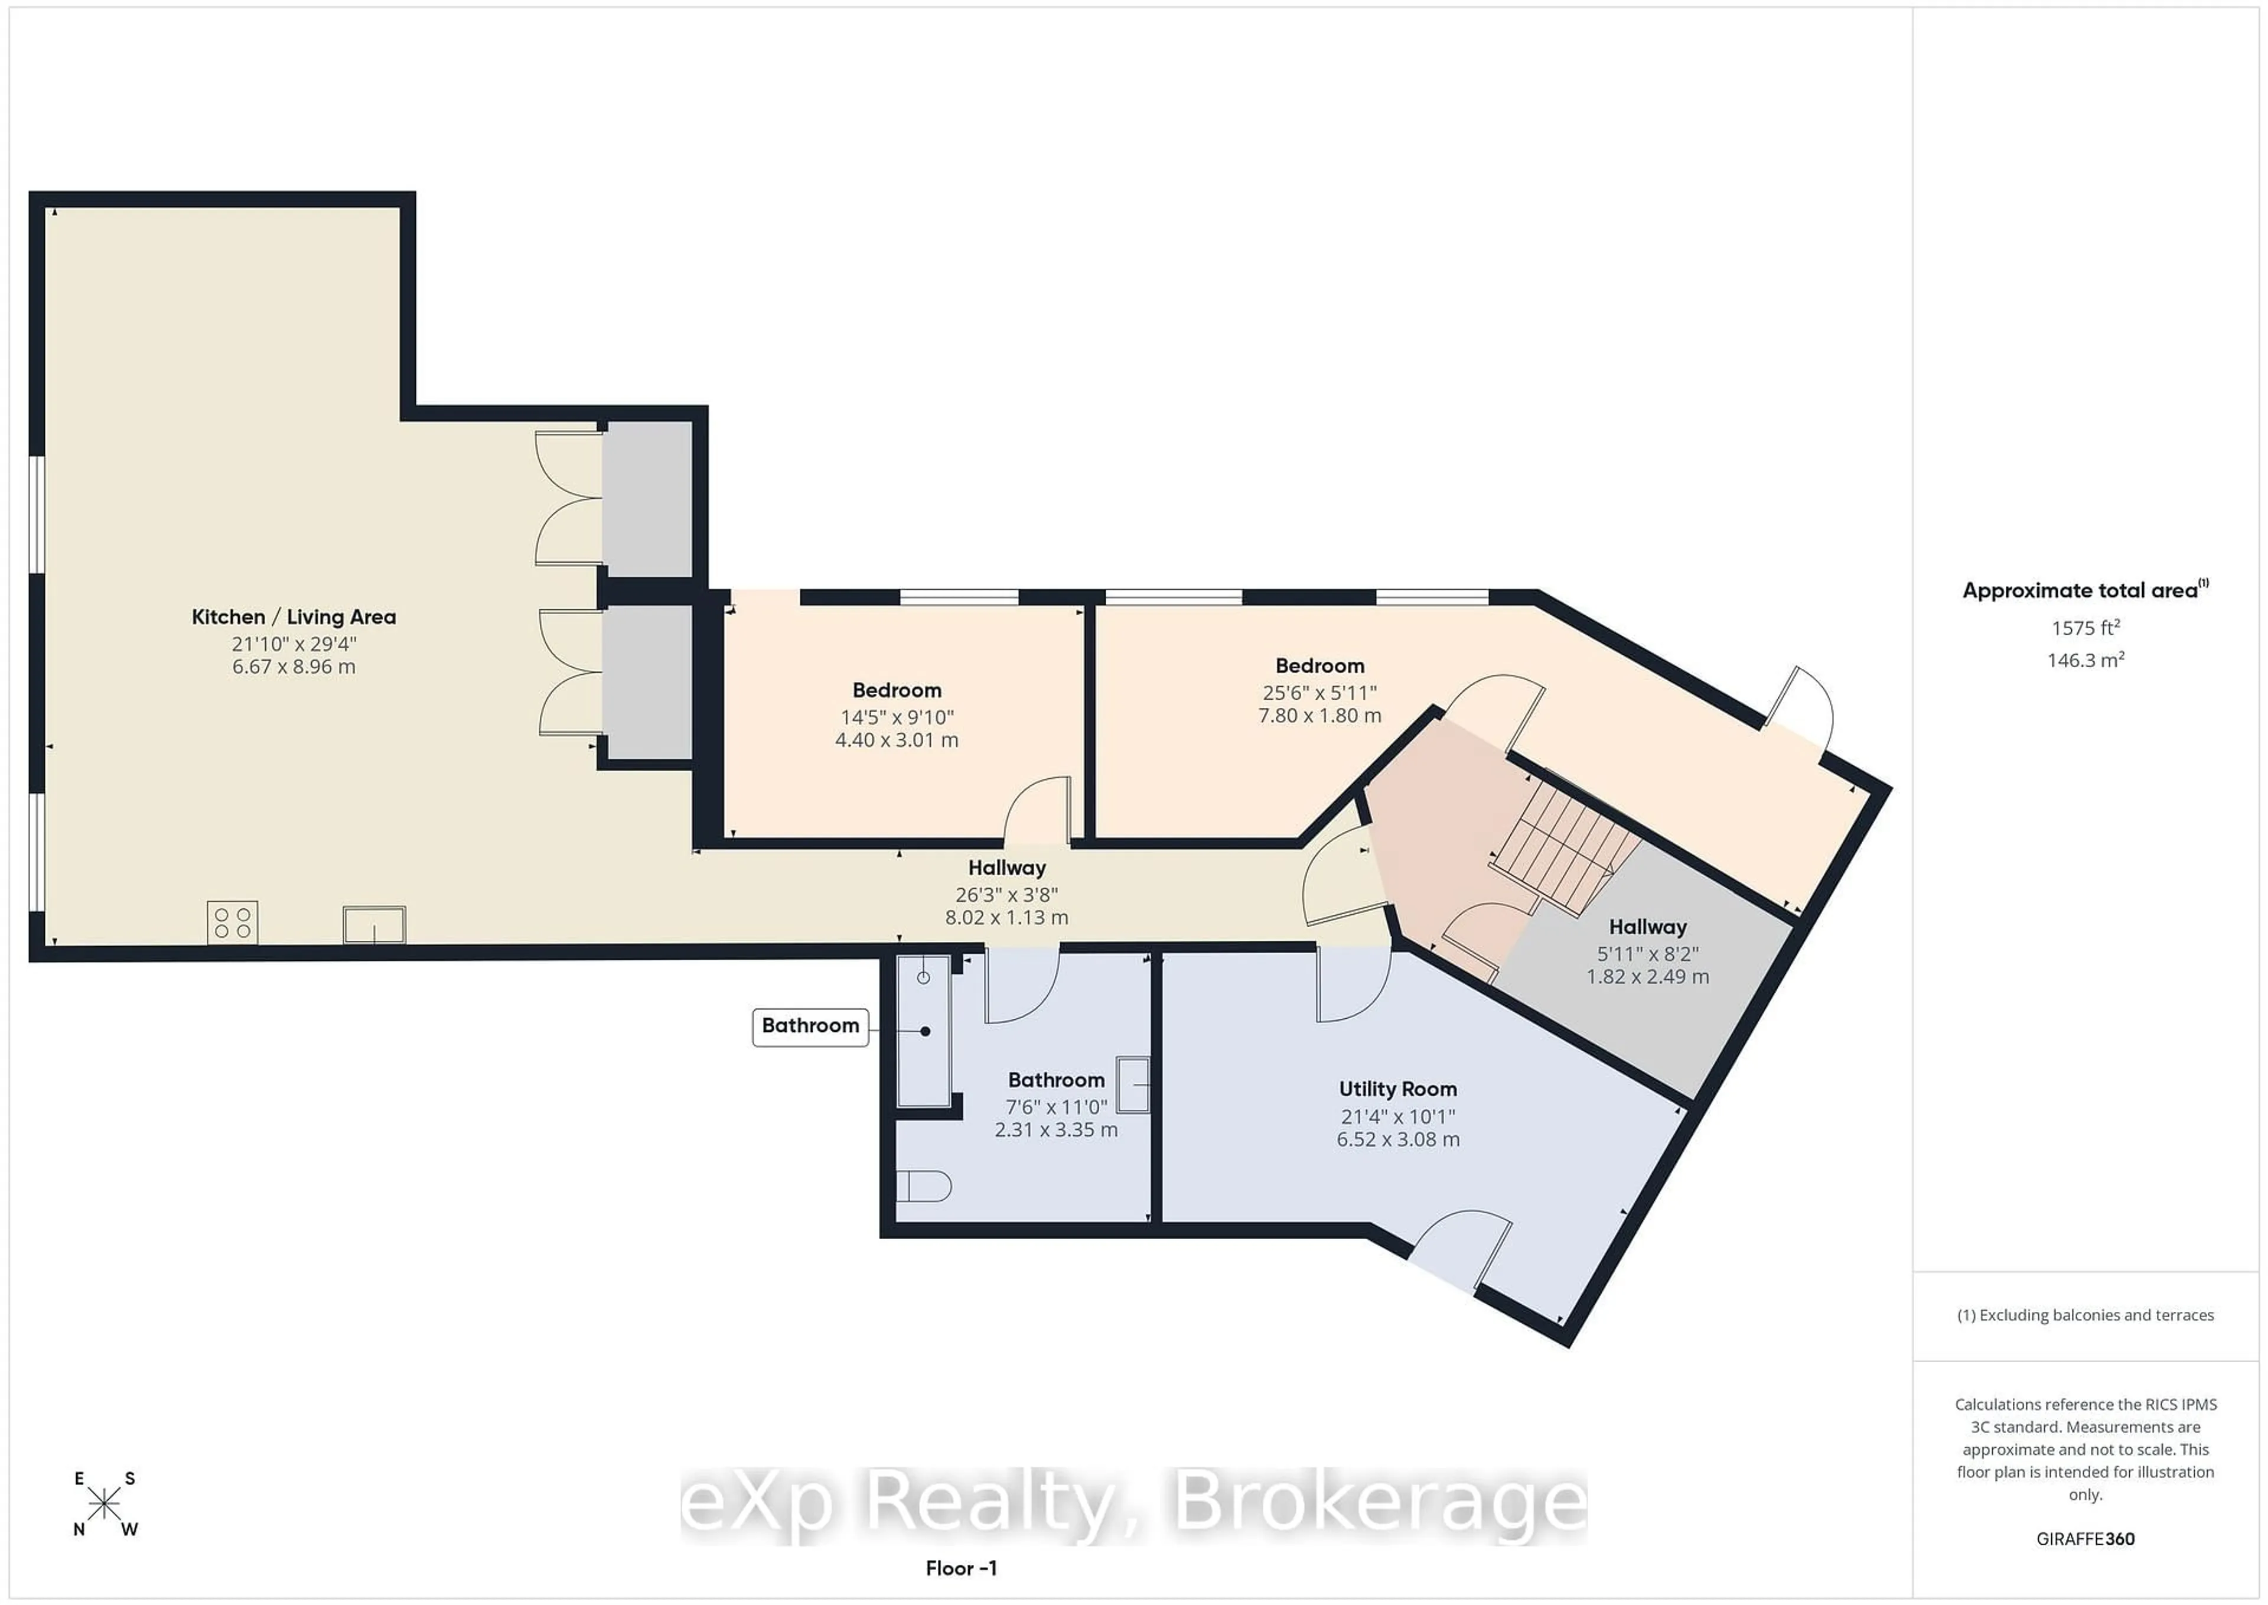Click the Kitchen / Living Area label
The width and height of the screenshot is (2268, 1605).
tap(294, 617)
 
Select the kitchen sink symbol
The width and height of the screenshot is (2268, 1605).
tap(373, 924)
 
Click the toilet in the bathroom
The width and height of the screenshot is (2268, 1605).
tap(924, 1186)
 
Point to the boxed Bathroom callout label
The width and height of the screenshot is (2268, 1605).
tap(810, 1026)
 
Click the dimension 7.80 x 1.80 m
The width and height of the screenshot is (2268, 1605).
tap(1319, 716)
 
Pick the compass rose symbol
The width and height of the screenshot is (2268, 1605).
tap(104, 1504)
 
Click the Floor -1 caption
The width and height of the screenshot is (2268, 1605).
tap(960, 1567)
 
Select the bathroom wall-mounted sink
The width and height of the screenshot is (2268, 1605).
tap(1133, 1084)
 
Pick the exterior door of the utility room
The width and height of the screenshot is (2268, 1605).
tap(1460, 1247)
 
